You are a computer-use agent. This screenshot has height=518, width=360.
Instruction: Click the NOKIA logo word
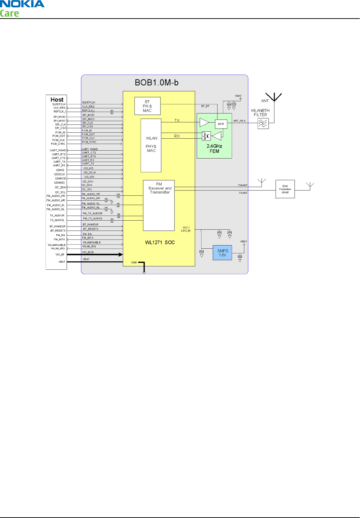(22, 4)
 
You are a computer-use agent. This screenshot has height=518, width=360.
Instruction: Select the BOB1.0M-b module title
(157, 83)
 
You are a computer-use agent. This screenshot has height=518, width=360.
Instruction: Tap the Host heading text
(57, 99)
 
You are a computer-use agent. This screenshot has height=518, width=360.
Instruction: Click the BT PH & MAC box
(147, 106)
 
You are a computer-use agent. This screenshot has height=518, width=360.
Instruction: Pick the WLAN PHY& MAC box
(151, 145)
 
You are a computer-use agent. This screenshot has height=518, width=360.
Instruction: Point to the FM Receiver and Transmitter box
(159, 205)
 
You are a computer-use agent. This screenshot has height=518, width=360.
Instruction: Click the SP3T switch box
(221, 124)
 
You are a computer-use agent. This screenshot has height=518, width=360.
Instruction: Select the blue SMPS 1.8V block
(223, 253)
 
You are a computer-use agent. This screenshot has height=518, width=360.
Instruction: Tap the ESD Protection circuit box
(285, 189)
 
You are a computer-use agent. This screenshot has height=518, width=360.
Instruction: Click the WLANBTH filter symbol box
(263, 123)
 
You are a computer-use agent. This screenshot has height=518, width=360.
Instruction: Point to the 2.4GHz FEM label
(214, 149)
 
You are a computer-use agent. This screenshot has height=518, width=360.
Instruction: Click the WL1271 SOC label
(160, 242)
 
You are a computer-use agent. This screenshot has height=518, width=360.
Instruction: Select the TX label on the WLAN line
(177, 120)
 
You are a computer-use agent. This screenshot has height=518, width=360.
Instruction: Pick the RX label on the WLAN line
(177, 136)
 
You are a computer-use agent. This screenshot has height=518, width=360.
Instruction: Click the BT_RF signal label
(205, 106)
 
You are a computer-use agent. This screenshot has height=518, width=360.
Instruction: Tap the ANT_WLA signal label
(239, 121)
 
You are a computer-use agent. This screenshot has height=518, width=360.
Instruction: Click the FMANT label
(243, 185)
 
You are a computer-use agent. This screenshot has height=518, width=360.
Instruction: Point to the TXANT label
(243, 193)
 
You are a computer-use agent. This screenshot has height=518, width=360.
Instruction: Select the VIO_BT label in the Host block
(60, 255)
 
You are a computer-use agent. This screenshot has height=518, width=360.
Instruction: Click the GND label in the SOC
(134, 262)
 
